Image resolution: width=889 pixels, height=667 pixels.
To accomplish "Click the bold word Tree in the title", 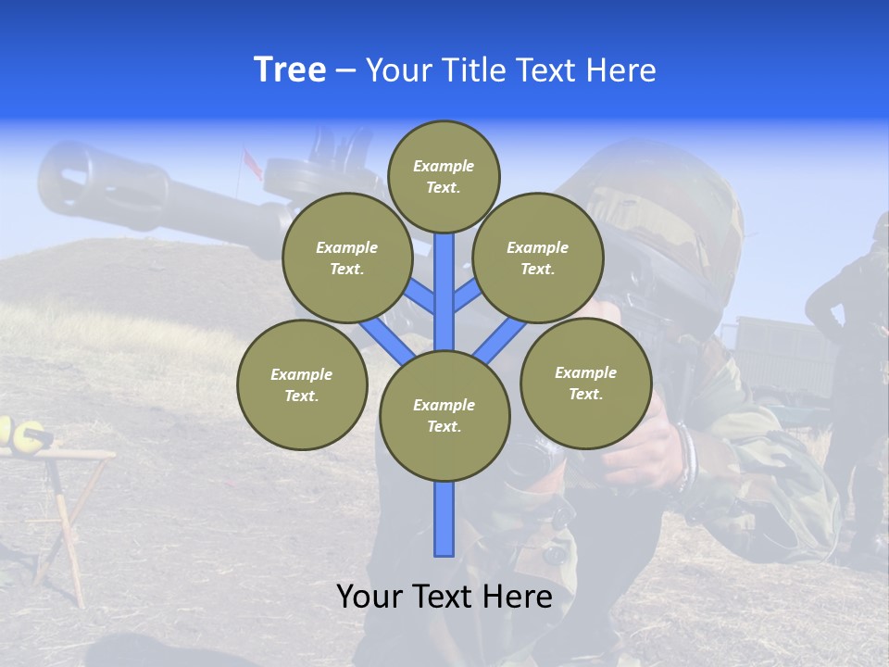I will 290,70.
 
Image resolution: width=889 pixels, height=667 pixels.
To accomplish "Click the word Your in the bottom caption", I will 370,597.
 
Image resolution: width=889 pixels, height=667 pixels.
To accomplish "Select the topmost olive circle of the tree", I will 444,176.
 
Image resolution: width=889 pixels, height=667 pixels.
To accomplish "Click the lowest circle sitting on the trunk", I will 444,416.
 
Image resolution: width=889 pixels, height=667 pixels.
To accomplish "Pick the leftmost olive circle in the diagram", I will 302,384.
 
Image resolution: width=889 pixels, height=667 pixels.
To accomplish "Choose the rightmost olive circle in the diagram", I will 585,383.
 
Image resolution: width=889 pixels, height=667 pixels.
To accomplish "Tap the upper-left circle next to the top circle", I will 347,258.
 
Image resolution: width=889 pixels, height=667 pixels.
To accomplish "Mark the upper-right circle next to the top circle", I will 537,258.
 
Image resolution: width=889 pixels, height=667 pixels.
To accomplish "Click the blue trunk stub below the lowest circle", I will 444,519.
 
